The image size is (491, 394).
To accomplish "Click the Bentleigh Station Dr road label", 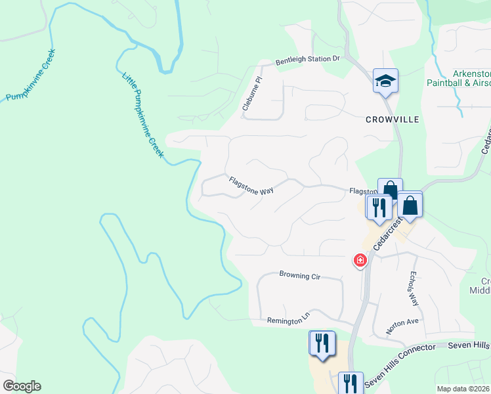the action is [307, 59].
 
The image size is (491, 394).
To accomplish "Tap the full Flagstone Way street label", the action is [251, 185].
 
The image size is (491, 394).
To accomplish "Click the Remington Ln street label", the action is [288, 320].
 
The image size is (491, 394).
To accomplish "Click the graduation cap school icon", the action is [385, 81].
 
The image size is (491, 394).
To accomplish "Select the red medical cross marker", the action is [360, 261].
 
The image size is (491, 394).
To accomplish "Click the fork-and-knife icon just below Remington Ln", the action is [322, 343].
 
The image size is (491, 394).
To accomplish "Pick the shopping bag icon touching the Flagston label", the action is [390, 189].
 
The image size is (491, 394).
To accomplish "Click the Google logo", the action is [22, 386].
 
